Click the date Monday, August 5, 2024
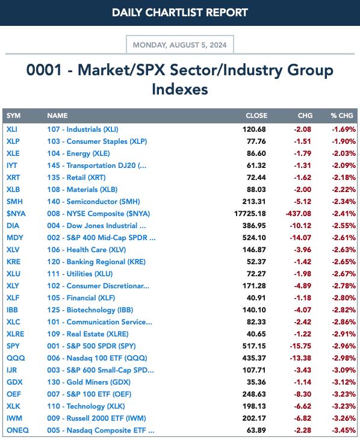point(179,45)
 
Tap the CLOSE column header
point(256,116)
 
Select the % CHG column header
point(341,116)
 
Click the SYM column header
point(13,116)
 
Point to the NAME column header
point(57,116)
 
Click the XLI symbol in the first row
point(12,129)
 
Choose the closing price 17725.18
point(250,214)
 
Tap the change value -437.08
point(298,214)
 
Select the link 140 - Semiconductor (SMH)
point(93,202)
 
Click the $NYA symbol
point(16,214)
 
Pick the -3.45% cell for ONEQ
point(344,430)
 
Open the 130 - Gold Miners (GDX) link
point(88,382)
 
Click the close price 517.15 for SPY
point(254,346)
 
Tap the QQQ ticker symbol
point(16,358)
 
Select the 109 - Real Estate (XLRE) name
point(88,334)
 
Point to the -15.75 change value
point(300,346)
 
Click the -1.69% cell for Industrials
point(344,129)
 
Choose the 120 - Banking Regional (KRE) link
point(96,262)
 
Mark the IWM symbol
point(14,418)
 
